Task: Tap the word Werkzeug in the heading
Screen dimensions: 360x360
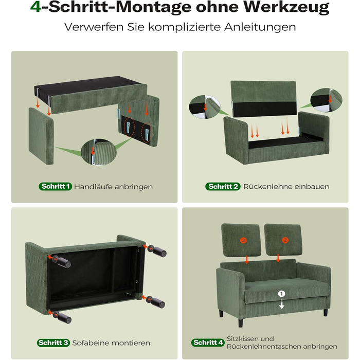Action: (286, 8)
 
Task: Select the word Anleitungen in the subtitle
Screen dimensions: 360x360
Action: (260, 27)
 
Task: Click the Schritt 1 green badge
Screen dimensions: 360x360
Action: (56, 186)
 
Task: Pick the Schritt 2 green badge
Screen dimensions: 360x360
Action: (223, 186)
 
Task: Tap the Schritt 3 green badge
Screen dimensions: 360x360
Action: (53, 343)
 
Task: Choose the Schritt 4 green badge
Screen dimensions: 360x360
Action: (208, 343)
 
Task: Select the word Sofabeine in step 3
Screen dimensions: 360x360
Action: (91, 343)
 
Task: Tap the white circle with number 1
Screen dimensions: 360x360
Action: (281, 294)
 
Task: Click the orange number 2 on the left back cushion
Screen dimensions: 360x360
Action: (243, 240)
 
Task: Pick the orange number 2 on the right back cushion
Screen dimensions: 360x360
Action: (285, 240)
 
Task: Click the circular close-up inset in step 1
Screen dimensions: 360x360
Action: (99, 152)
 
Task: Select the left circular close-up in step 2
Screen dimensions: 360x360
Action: (205, 107)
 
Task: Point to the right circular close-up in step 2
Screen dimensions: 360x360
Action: (326, 100)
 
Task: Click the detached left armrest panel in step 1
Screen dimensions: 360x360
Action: (41, 136)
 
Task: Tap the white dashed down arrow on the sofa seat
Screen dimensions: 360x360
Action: (281, 303)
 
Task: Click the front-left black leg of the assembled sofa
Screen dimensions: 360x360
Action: (240, 322)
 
